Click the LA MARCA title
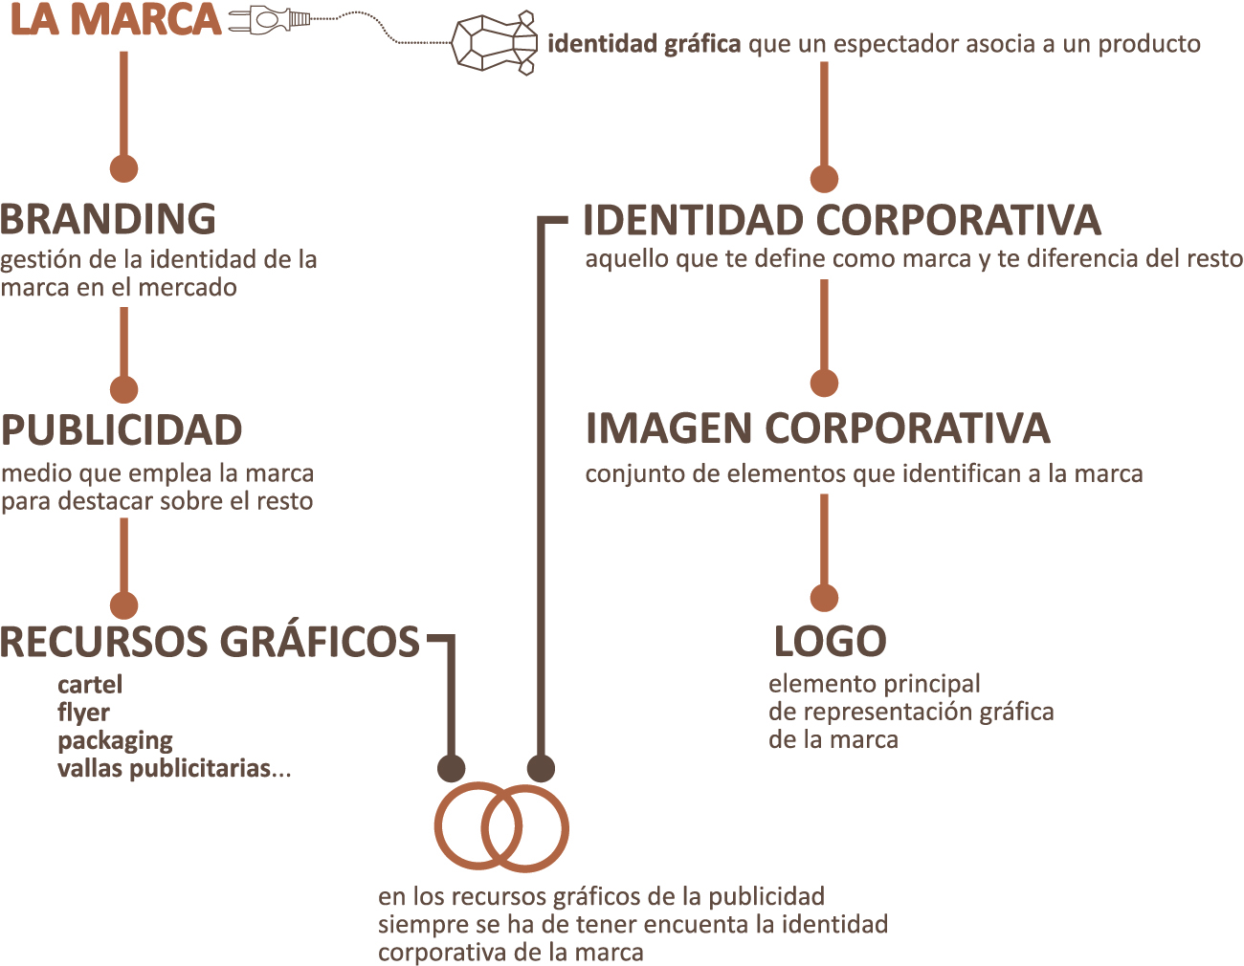click(x=116, y=20)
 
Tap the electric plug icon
click(x=269, y=21)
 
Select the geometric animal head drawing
click(x=495, y=43)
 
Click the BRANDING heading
click(x=107, y=219)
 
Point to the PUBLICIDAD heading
click(x=122, y=430)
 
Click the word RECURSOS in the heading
click(x=104, y=641)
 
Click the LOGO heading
click(x=830, y=641)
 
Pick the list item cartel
click(x=90, y=685)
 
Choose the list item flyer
click(x=83, y=714)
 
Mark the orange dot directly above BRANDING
click(x=123, y=168)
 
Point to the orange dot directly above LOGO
click(x=824, y=598)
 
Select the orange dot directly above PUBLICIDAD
click(x=123, y=389)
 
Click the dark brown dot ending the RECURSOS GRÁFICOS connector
click(x=451, y=767)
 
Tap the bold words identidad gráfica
click(x=644, y=44)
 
